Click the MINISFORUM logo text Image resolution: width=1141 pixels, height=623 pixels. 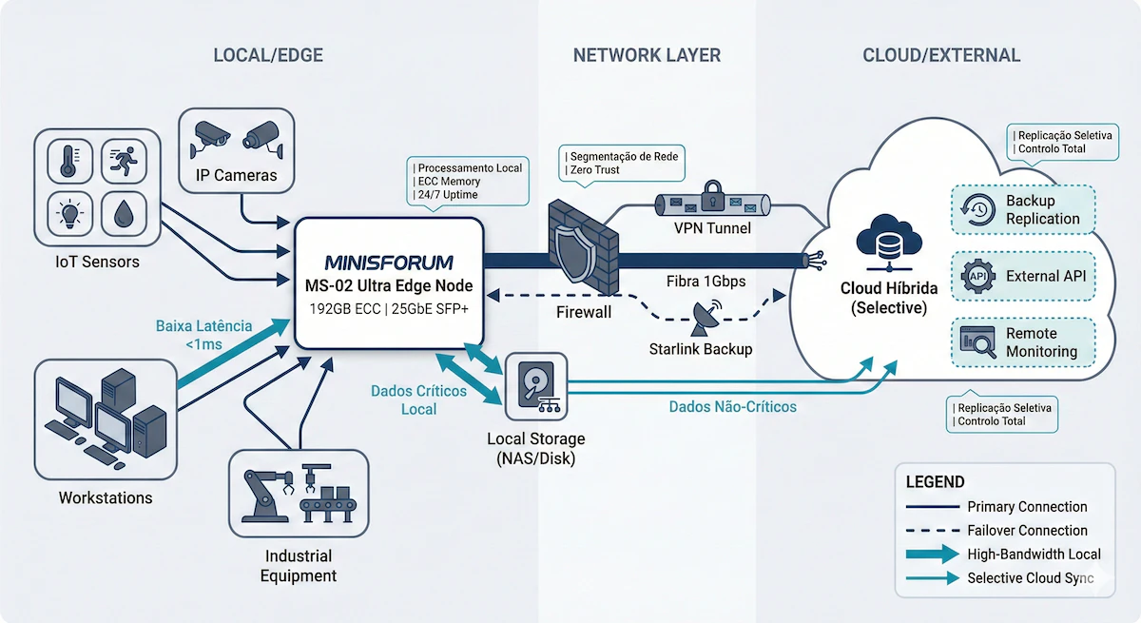pos(389,262)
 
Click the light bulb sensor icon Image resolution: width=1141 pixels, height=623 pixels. pos(68,213)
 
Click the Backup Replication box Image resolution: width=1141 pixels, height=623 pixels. pos(1023,210)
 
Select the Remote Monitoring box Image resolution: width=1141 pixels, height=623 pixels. pos(1023,342)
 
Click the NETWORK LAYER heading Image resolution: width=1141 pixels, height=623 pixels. pos(647,55)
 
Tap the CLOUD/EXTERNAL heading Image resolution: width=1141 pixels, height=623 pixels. pos(941,55)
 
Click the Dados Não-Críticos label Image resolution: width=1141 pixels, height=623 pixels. pos(732,406)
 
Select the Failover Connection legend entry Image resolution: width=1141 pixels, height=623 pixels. pos(1027,531)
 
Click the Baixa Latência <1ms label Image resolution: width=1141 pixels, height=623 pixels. pos(203,335)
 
